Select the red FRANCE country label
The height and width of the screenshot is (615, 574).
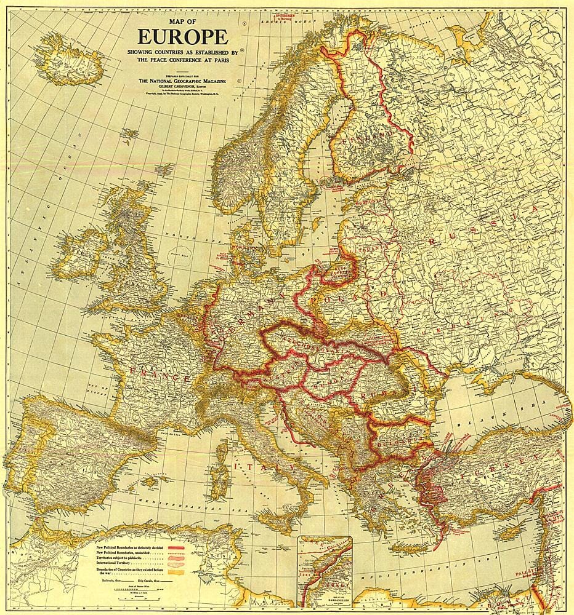[x=159, y=373]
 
